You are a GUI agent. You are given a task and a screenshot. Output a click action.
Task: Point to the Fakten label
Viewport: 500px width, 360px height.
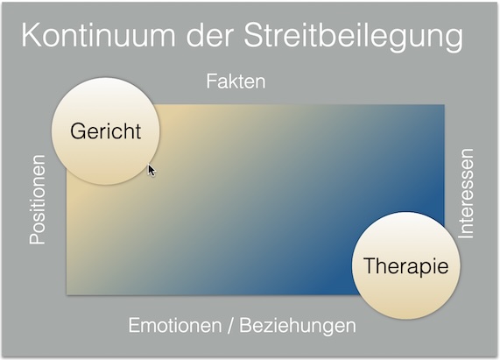[x=236, y=81]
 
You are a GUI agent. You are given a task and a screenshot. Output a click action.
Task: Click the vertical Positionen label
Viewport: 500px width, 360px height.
[x=38, y=200]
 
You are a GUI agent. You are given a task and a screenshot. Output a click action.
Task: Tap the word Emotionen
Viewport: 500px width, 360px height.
[x=174, y=325]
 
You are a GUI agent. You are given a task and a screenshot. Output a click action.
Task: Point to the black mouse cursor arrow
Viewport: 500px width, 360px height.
[x=151, y=169]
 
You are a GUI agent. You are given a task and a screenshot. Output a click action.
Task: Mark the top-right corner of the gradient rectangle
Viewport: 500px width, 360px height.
[x=444, y=105]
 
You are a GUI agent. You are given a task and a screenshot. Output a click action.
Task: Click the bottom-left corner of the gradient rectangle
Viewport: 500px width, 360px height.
[x=67, y=295]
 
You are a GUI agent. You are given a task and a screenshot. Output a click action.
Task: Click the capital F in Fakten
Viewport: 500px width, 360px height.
[x=211, y=81]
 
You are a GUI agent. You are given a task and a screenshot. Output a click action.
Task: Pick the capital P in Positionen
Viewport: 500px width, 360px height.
[x=38, y=238]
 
